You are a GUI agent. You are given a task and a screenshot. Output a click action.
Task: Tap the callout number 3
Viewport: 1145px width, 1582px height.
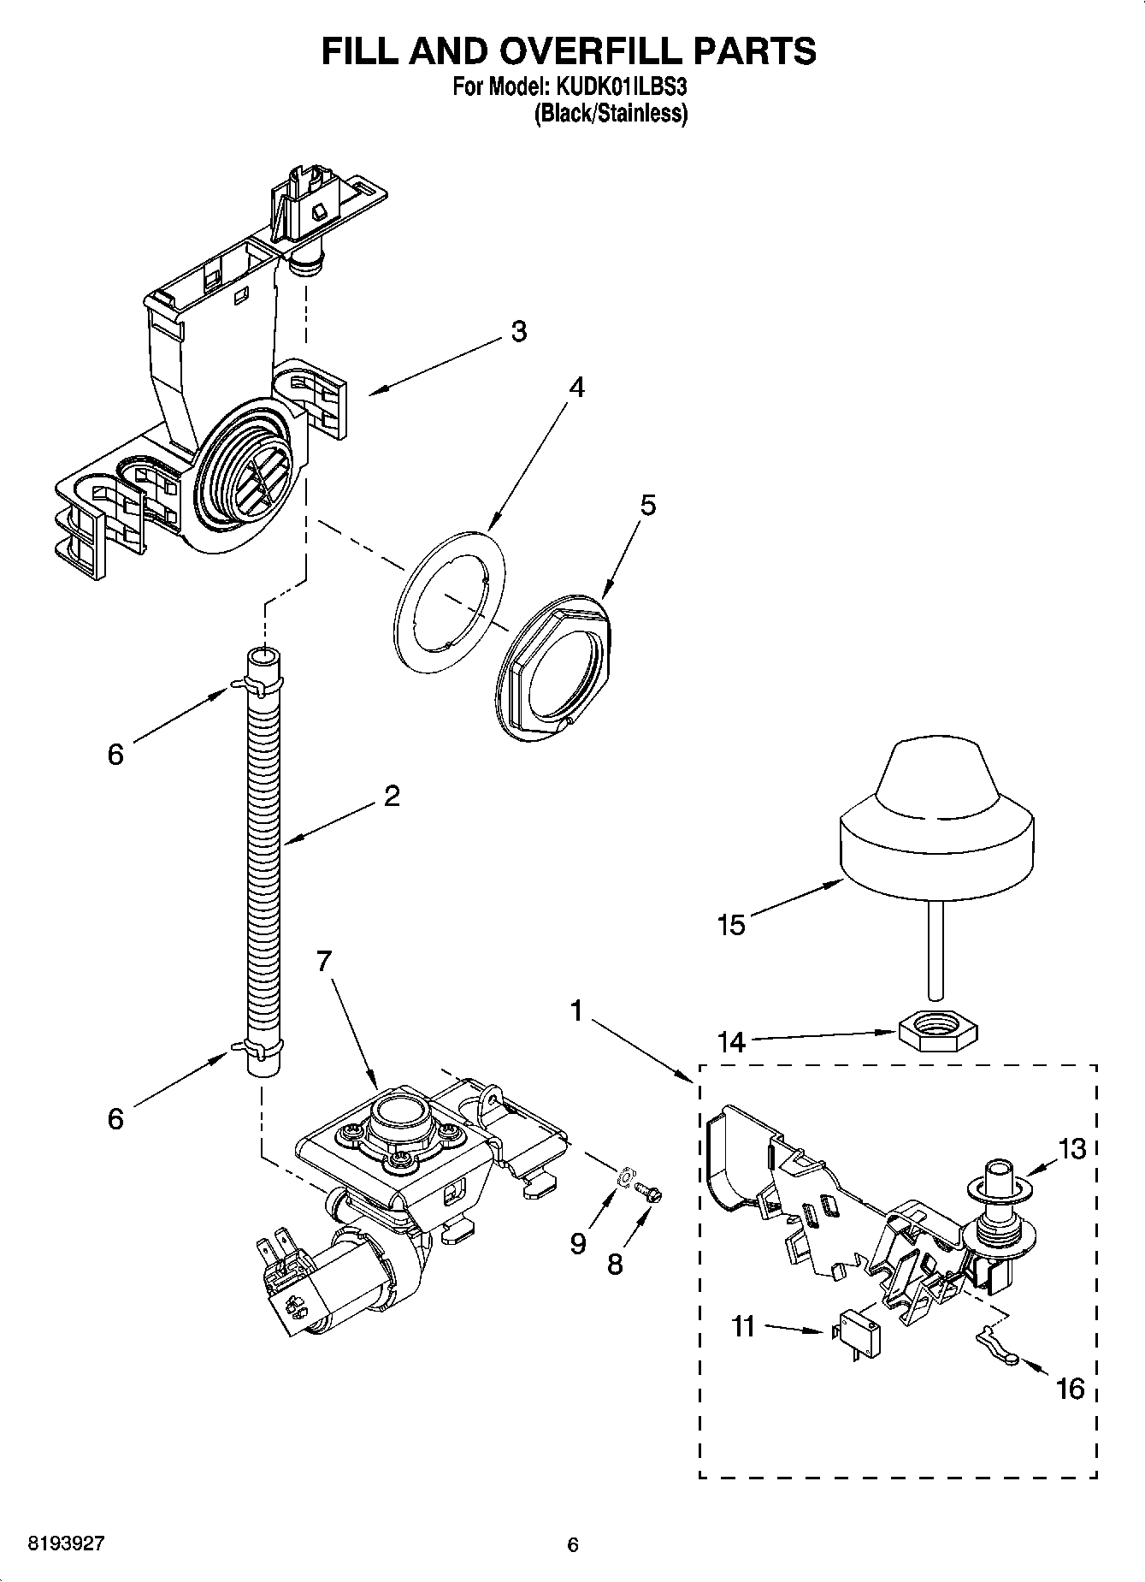pos(519,332)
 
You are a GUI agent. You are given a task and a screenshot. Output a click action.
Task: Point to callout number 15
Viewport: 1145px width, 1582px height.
pos(731,925)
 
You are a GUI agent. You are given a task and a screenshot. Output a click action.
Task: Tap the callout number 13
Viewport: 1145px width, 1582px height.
pos(1072,1148)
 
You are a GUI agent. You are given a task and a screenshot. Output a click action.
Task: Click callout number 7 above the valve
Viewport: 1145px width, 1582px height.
pos(322,962)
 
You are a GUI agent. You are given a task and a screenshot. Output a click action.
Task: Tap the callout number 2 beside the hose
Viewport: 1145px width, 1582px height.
pos(392,796)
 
